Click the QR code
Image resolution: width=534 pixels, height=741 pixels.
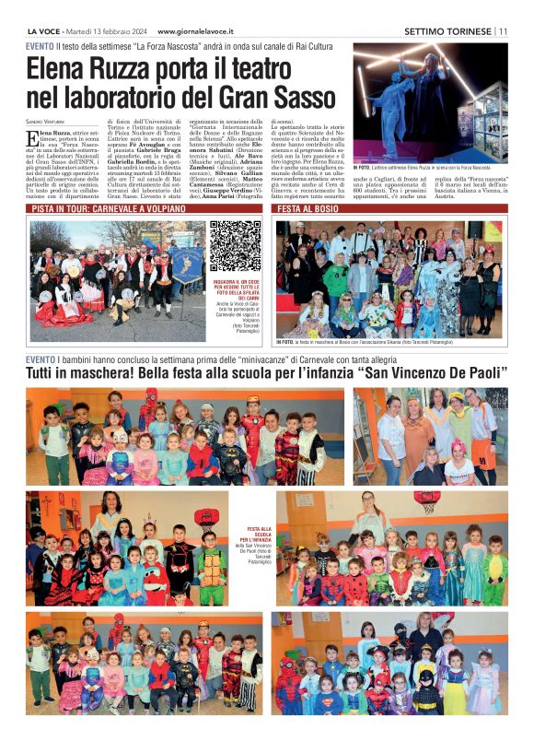coord(235,246)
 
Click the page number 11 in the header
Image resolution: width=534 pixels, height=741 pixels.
coord(503,30)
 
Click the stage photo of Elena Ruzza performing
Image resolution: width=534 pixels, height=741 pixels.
coord(429,89)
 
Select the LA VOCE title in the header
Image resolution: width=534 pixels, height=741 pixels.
coord(42,30)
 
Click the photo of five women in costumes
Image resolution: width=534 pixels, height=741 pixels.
coord(429,436)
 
